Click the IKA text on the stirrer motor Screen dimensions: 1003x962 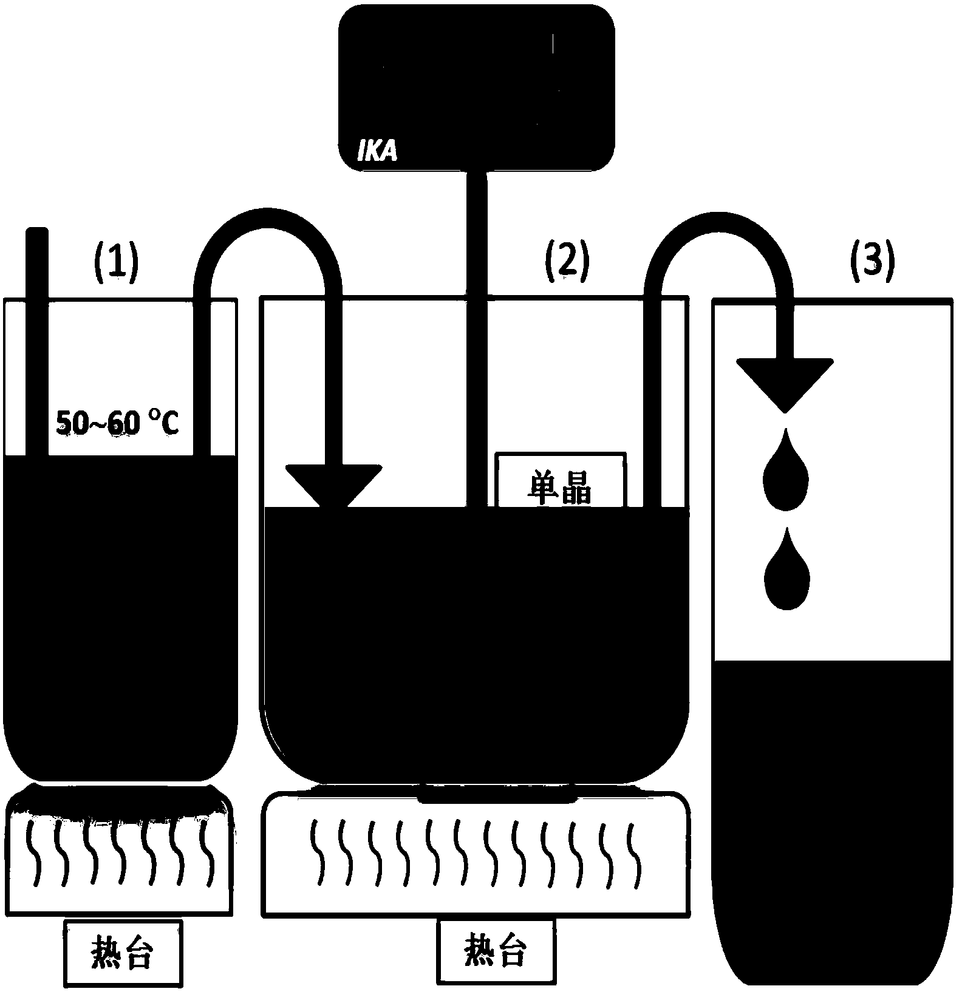[377, 152]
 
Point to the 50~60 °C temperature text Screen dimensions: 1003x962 [118, 423]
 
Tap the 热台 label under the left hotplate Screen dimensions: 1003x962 [121, 954]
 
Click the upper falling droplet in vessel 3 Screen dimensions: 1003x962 [786, 471]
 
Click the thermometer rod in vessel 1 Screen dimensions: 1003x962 [37, 340]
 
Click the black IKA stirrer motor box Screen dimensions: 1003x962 [476, 85]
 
